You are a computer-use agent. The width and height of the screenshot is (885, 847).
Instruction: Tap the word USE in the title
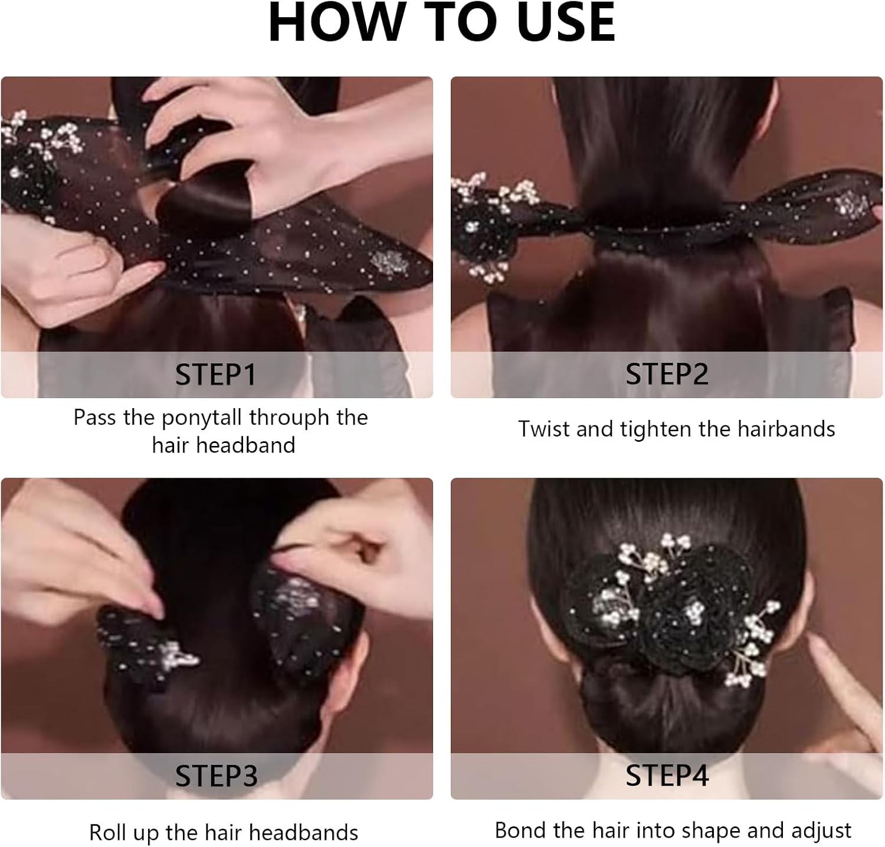coord(565,22)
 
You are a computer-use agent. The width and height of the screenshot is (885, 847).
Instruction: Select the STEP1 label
coord(216,375)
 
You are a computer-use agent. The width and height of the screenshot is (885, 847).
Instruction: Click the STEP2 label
coord(667,374)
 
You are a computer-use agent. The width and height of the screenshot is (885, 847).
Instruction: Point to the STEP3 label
coord(216,776)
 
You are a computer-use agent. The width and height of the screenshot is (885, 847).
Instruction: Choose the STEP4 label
coord(667,776)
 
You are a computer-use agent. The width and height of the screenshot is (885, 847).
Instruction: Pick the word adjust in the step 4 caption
coord(821,830)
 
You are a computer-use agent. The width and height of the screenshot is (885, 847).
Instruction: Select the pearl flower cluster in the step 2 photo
coord(490,224)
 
